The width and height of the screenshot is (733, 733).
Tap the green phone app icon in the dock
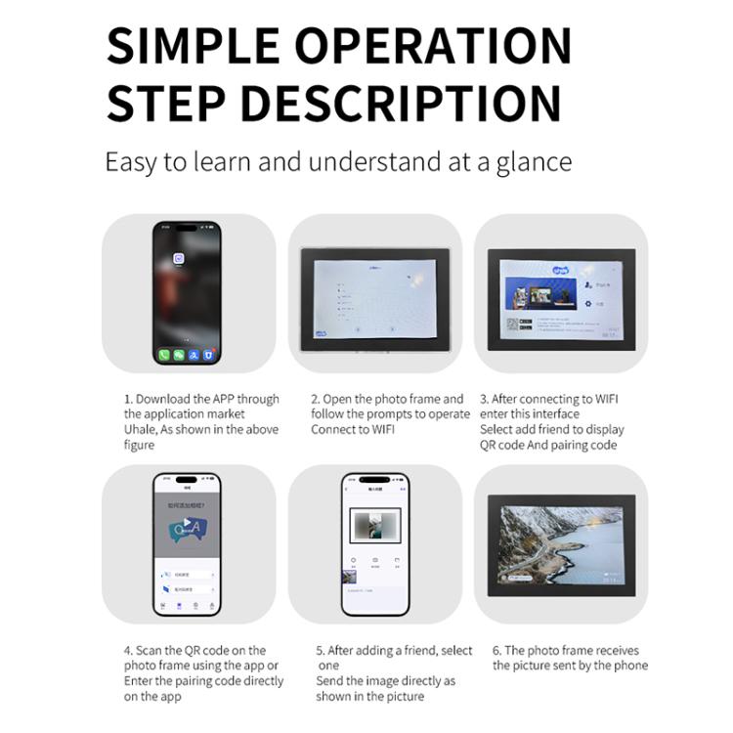pyautogui.click(x=163, y=355)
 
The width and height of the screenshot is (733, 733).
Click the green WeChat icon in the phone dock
pyautogui.click(x=178, y=355)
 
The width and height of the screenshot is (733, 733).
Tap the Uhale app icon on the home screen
pyautogui.click(x=179, y=258)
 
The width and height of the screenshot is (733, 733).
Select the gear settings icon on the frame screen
pyautogui.click(x=587, y=304)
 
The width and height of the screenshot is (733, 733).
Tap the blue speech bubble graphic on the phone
pyautogui.click(x=186, y=531)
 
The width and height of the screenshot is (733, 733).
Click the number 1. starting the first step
pyautogui.click(x=128, y=399)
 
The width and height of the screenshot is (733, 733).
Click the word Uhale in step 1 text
pyautogui.click(x=140, y=429)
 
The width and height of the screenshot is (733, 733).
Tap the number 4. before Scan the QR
pyautogui.click(x=128, y=650)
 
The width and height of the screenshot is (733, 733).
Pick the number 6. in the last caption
pyautogui.click(x=497, y=650)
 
